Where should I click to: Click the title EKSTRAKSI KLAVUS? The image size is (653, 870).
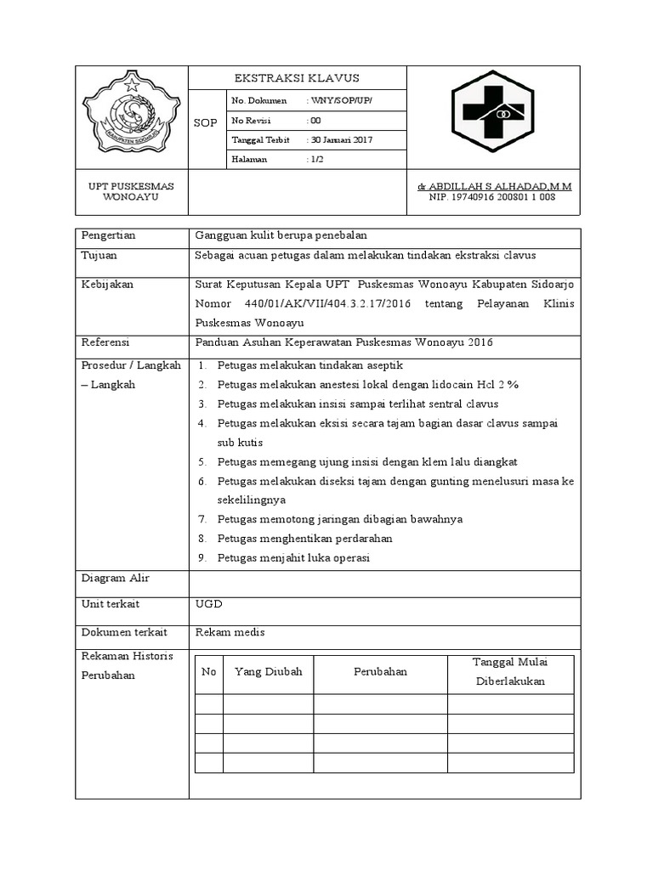click(297, 78)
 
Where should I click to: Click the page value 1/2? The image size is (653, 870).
click(315, 160)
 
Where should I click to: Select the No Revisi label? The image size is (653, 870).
click(250, 121)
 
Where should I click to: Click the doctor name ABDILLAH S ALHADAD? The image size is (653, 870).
click(492, 186)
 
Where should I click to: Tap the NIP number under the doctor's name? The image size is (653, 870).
click(492, 197)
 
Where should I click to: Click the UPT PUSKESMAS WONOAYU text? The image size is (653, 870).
click(131, 191)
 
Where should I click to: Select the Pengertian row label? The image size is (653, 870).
click(109, 235)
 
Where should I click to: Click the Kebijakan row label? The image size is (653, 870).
click(107, 285)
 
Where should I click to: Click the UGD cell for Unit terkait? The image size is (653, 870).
click(208, 603)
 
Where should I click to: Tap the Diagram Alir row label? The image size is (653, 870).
click(115, 579)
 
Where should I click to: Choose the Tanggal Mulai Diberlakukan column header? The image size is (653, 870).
click(510, 672)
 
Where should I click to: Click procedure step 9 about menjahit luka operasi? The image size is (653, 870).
click(293, 558)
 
